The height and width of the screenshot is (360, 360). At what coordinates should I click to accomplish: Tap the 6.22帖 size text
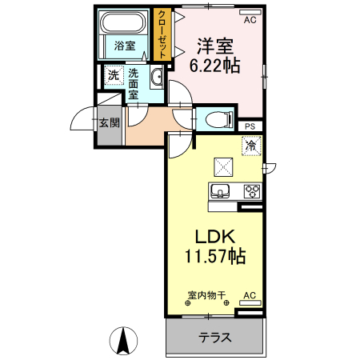tap(214, 66)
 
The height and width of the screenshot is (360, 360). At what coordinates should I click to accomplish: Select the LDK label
tap(214, 238)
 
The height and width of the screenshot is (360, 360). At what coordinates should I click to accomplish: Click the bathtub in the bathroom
tap(124, 24)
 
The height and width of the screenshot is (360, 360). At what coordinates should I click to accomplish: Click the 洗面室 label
tap(133, 82)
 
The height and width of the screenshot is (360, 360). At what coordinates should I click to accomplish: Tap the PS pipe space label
tap(250, 126)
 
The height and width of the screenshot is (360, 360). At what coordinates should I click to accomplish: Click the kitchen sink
tap(221, 190)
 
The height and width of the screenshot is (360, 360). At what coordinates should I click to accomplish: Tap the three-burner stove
tap(251, 190)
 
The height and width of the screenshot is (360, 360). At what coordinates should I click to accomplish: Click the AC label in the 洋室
tap(249, 19)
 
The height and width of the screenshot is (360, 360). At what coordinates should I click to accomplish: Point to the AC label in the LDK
tap(248, 295)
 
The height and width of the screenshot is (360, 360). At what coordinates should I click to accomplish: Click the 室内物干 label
tap(207, 295)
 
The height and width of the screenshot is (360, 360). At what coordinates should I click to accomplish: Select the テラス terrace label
tap(215, 338)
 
